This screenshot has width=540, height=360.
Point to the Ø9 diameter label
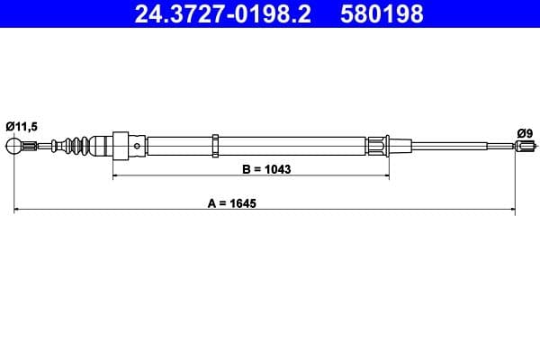(525, 132)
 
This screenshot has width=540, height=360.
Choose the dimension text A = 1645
(231, 203)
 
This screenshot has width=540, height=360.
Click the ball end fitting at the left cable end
(14, 146)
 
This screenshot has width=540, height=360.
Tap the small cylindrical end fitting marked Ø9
(525, 146)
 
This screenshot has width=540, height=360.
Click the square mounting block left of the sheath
(119, 146)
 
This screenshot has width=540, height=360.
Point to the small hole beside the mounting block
(135, 144)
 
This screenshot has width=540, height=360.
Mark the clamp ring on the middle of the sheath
(215, 145)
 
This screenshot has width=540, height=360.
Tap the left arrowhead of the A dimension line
(18, 211)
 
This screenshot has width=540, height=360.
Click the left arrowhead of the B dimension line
(115, 176)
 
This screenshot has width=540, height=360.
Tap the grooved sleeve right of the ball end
(31, 146)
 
